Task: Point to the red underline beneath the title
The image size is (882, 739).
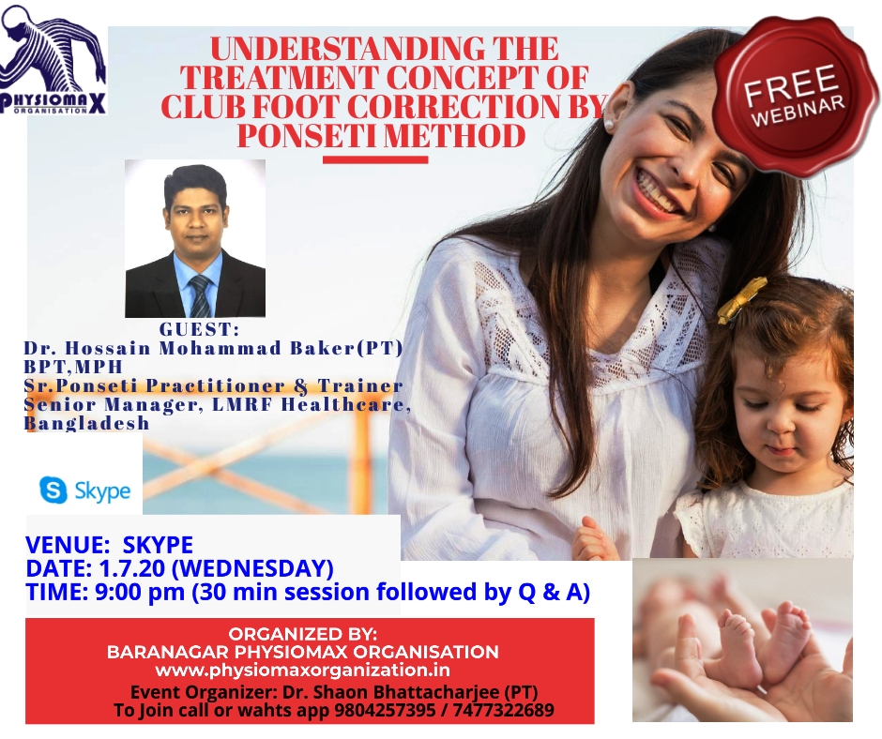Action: (x=375, y=159)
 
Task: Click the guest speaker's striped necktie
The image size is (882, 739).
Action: (x=199, y=296)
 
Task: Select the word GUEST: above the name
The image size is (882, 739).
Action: (x=200, y=329)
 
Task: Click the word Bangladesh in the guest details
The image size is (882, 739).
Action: (x=86, y=424)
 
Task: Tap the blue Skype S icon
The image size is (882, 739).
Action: (x=53, y=490)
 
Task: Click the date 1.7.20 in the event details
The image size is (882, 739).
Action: (x=131, y=568)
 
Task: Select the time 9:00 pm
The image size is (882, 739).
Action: (x=140, y=592)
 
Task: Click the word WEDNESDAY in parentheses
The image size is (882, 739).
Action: (x=252, y=568)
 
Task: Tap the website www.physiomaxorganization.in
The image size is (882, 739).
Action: (x=303, y=671)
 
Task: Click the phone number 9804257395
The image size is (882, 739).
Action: (x=385, y=710)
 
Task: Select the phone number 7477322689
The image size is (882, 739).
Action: (x=504, y=710)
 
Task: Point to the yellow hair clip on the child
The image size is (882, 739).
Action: (x=741, y=301)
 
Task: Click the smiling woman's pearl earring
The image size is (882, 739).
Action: (x=608, y=123)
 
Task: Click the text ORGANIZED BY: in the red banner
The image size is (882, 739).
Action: (x=303, y=634)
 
